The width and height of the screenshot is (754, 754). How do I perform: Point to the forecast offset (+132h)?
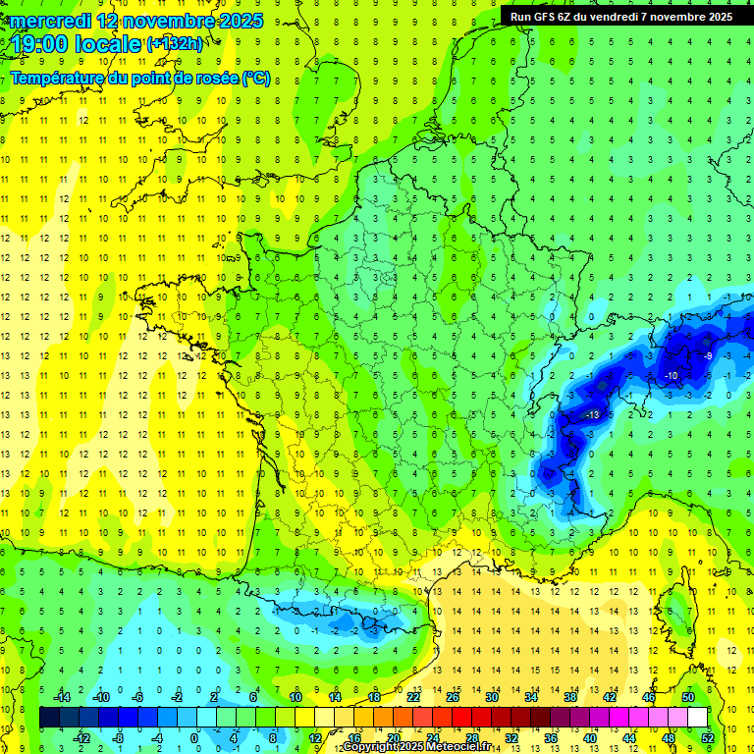point(175,44)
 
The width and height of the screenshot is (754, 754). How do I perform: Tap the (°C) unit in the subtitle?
point(255,78)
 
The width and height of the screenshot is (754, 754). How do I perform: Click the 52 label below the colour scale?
point(707,738)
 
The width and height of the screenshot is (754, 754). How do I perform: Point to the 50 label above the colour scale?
point(687,697)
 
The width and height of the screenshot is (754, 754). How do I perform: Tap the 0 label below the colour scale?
point(194,738)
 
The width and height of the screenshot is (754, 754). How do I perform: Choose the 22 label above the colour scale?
point(413,697)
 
